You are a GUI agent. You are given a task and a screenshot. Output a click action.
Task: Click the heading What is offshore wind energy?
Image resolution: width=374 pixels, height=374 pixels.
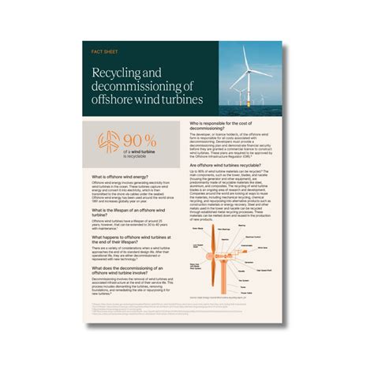(123, 177)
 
